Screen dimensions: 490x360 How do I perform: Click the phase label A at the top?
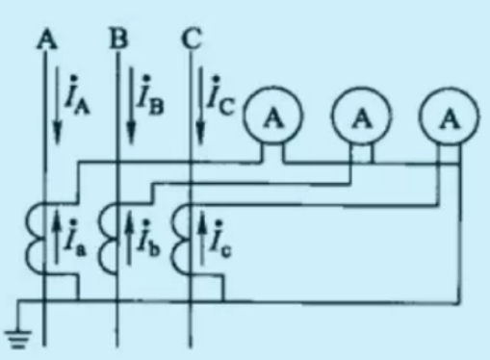tap(47, 39)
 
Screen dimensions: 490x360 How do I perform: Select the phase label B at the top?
tap(118, 39)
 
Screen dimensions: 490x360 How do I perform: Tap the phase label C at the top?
tap(192, 39)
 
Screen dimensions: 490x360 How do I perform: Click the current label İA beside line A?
tap(77, 95)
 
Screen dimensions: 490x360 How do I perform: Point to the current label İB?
tap(150, 95)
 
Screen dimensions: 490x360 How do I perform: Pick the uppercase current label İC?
tap(220, 95)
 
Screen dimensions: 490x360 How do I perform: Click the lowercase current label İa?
tap(75, 238)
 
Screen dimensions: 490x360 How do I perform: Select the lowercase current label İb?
tap(148, 238)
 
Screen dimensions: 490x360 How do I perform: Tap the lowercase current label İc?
tap(219, 238)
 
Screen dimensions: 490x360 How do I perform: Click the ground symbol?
tap(17, 339)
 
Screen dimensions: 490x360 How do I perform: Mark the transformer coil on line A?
tap(27, 238)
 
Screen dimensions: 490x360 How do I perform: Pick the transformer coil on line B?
tap(100, 238)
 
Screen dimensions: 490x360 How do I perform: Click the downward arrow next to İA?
tap(57, 105)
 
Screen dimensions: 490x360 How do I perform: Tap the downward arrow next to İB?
tap(131, 105)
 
